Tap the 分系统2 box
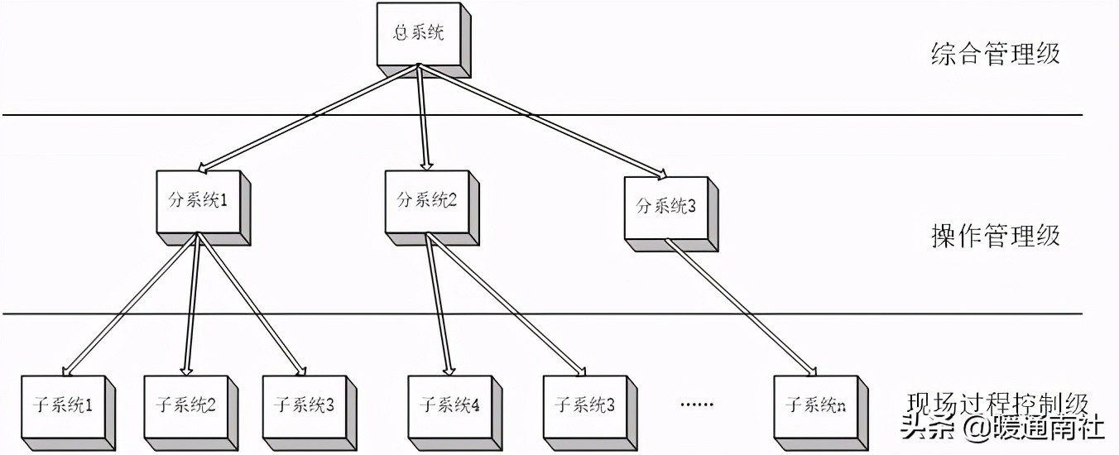coord(426,201)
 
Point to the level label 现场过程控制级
coord(997,404)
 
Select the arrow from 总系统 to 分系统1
coord(306,117)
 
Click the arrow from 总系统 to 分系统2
coord(423,117)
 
